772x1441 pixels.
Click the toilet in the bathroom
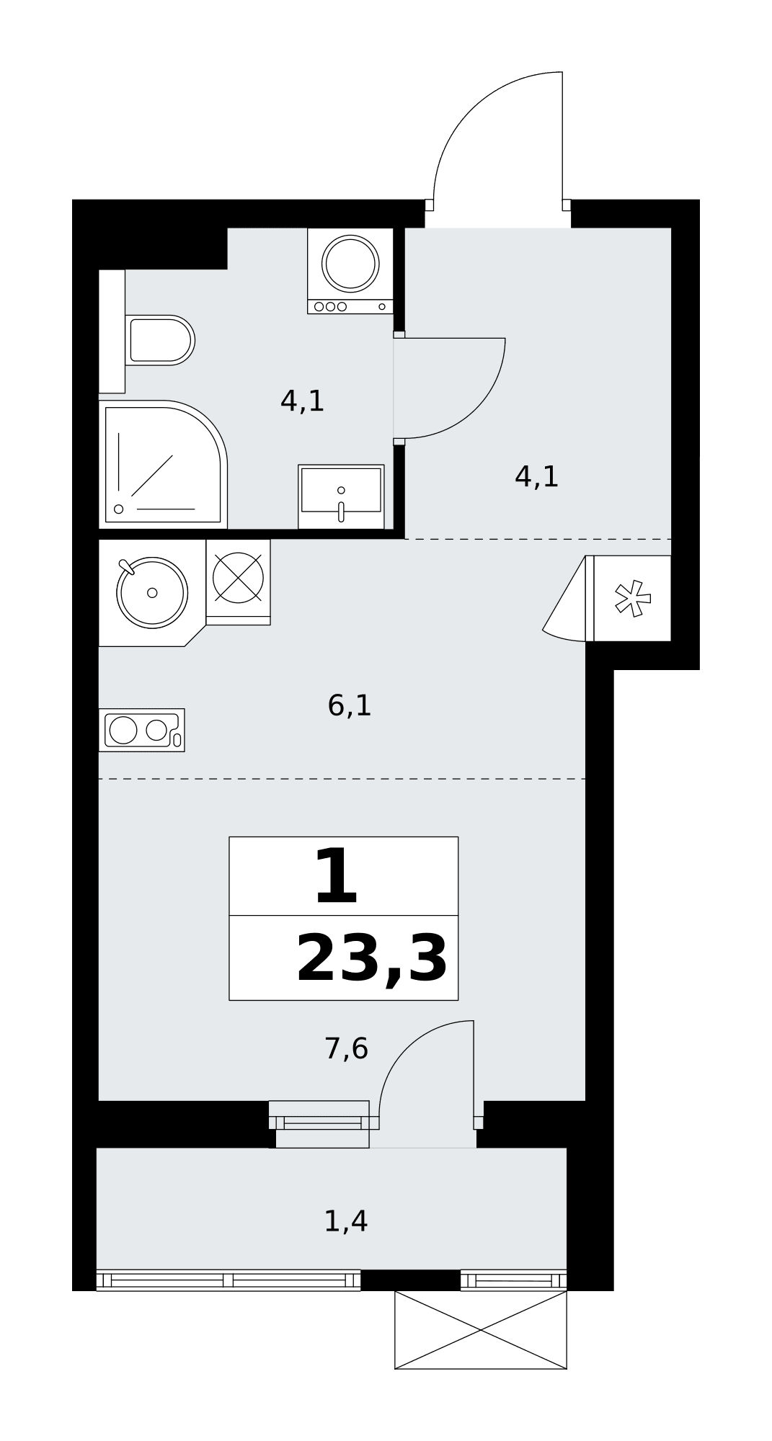pyautogui.click(x=159, y=340)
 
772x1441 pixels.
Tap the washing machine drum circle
pyautogui.click(x=350, y=264)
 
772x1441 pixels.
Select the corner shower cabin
pyautogui.click(x=163, y=465)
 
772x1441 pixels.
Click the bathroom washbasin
pyautogui.click(x=341, y=496)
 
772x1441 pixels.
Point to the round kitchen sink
pyautogui.click(x=152, y=592)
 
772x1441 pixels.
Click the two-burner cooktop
pyautogui.click(x=142, y=730)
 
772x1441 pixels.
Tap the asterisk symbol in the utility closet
pyautogui.click(x=632, y=598)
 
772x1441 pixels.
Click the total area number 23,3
pyautogui.click(x=372, y=960)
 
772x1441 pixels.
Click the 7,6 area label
pyautogui.click(x=347, y=1048)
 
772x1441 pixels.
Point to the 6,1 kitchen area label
pyautogui.click(x=350, y=705)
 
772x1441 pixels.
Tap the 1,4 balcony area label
pyautogui.click(x=346, y=1221)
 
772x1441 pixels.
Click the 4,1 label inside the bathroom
pyautogui.click(x=303, y=401)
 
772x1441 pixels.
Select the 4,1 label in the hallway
pyautogui.click(x=537, y=477)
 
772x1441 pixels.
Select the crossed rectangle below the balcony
pyautogui.click(x=481, y=1330)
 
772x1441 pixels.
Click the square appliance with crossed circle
pyautogui.click(x=238, y=578)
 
